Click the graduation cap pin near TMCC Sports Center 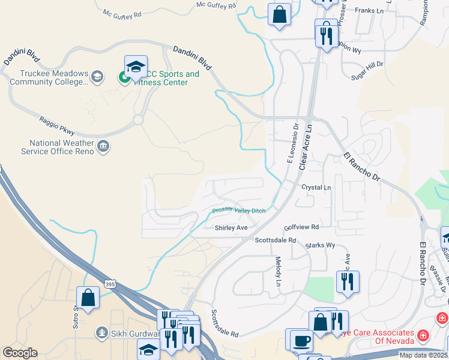(136, 67)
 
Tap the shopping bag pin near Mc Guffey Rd (280, 15)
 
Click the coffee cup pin (301, 341)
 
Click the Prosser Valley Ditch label (238, 211)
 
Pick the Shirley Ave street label (231, 228)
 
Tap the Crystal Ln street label (316, 188)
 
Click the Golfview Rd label (301, 227)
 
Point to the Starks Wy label (320, 245)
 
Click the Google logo (20, 353)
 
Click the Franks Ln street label (369, 10)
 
